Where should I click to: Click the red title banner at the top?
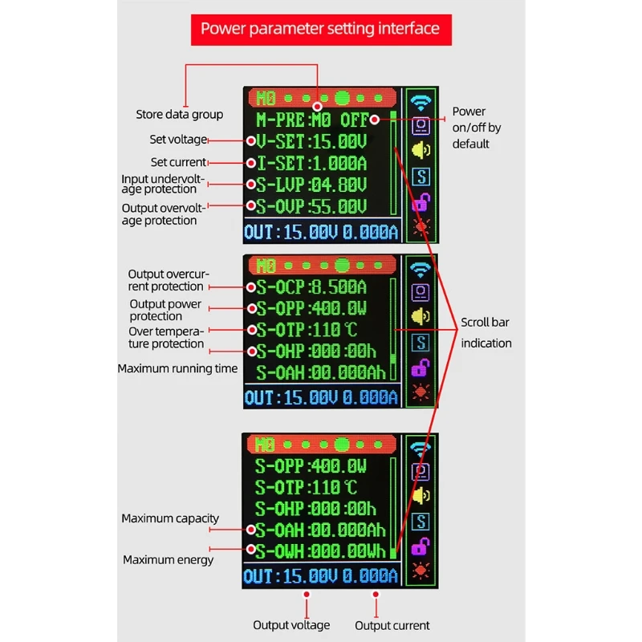pyautogui.click(x=320, y=29)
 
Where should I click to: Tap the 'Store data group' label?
pyautogui.click(x=179, y=115)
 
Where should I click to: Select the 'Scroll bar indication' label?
pyautogui.click(x=486, y=332)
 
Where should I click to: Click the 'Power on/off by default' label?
pyautogui.click(x=477, y=128)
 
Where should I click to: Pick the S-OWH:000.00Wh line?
pyautogui.click(x=320, y=551)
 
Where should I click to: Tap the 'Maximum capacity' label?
pyautogui.click(x=170, y=518)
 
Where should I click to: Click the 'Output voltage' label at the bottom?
pyautogui.click(x=291, y=625)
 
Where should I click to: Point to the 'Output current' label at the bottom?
pyautogui.click(x=392, y=625)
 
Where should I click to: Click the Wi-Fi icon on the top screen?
pyautogui.click(x=421, y=102)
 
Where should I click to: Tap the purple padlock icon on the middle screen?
pyautogui.click(x=421, y=368)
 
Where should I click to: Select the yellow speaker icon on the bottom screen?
pyautogui.click(x=421, y=495)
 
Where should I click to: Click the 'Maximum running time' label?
pyautogui.click(x=177, y=368)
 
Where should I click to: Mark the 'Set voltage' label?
pyautogui.click(x=178, y=139)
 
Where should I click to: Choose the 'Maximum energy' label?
pyautogui.click(x=168, y=559)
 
